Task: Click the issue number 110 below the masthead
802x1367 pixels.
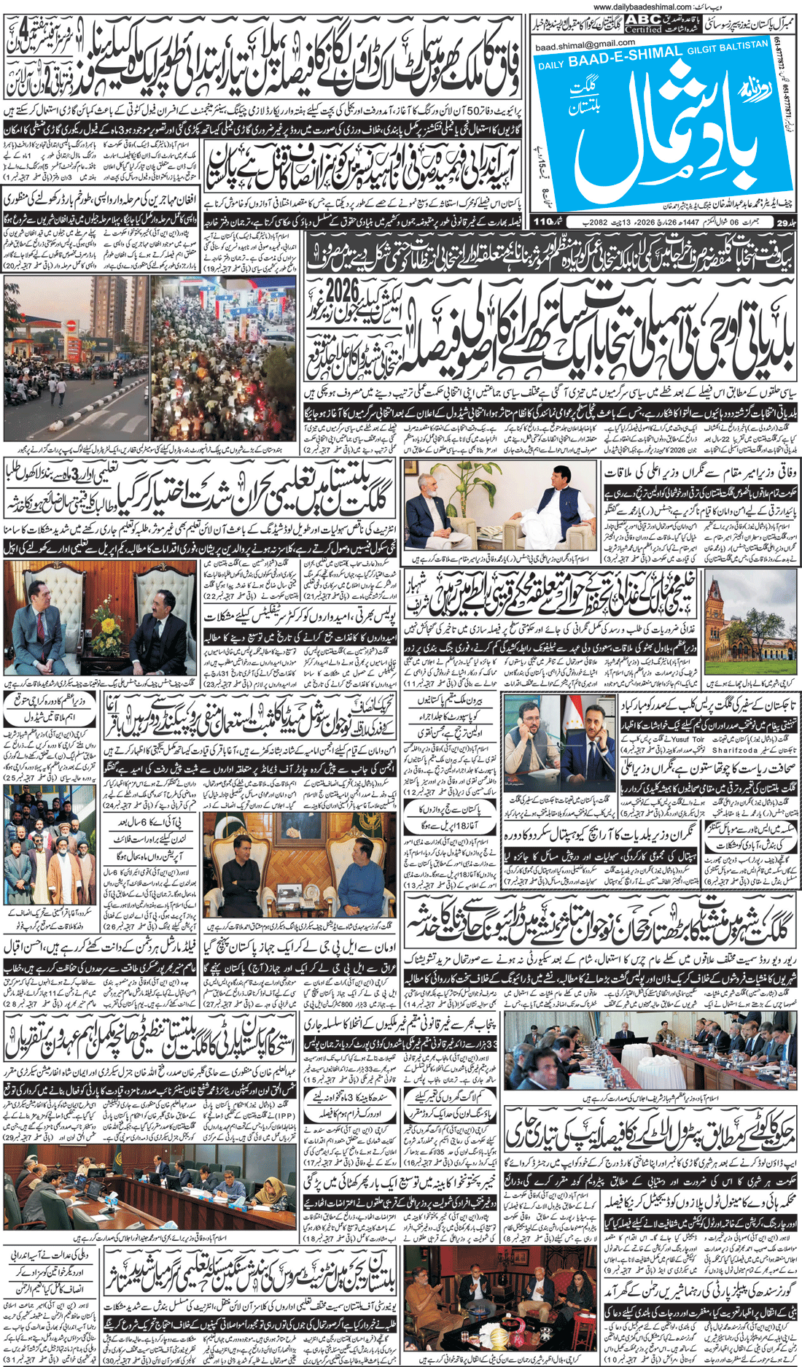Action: (544, 221)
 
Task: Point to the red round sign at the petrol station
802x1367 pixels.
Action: (71, 325)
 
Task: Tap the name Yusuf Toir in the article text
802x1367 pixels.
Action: (688, 738)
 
